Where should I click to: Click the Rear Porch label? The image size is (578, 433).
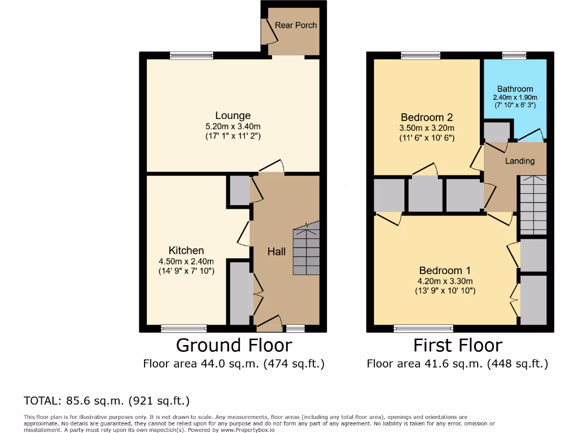pos(296,25)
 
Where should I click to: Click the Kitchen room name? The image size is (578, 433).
pos(186,250)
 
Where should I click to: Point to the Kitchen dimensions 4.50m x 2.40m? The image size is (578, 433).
pos(186,261)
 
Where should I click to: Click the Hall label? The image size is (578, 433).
pos(277,252)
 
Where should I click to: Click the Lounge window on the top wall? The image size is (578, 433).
pos(191,55)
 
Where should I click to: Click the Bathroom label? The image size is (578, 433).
pos(515,89)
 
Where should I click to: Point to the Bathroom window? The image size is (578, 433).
pos(514,55)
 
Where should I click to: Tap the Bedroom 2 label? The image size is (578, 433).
pos(427,117)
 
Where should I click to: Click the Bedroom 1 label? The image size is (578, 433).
pos(445,270)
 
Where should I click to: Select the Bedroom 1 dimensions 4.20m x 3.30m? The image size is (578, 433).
pos(445,281)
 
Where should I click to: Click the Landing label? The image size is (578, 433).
pos(519,161)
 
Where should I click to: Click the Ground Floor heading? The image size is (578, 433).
pos(234,345)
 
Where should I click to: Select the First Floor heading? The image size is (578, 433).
pos(457,345)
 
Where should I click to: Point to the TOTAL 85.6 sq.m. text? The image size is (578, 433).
pos(107,401)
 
